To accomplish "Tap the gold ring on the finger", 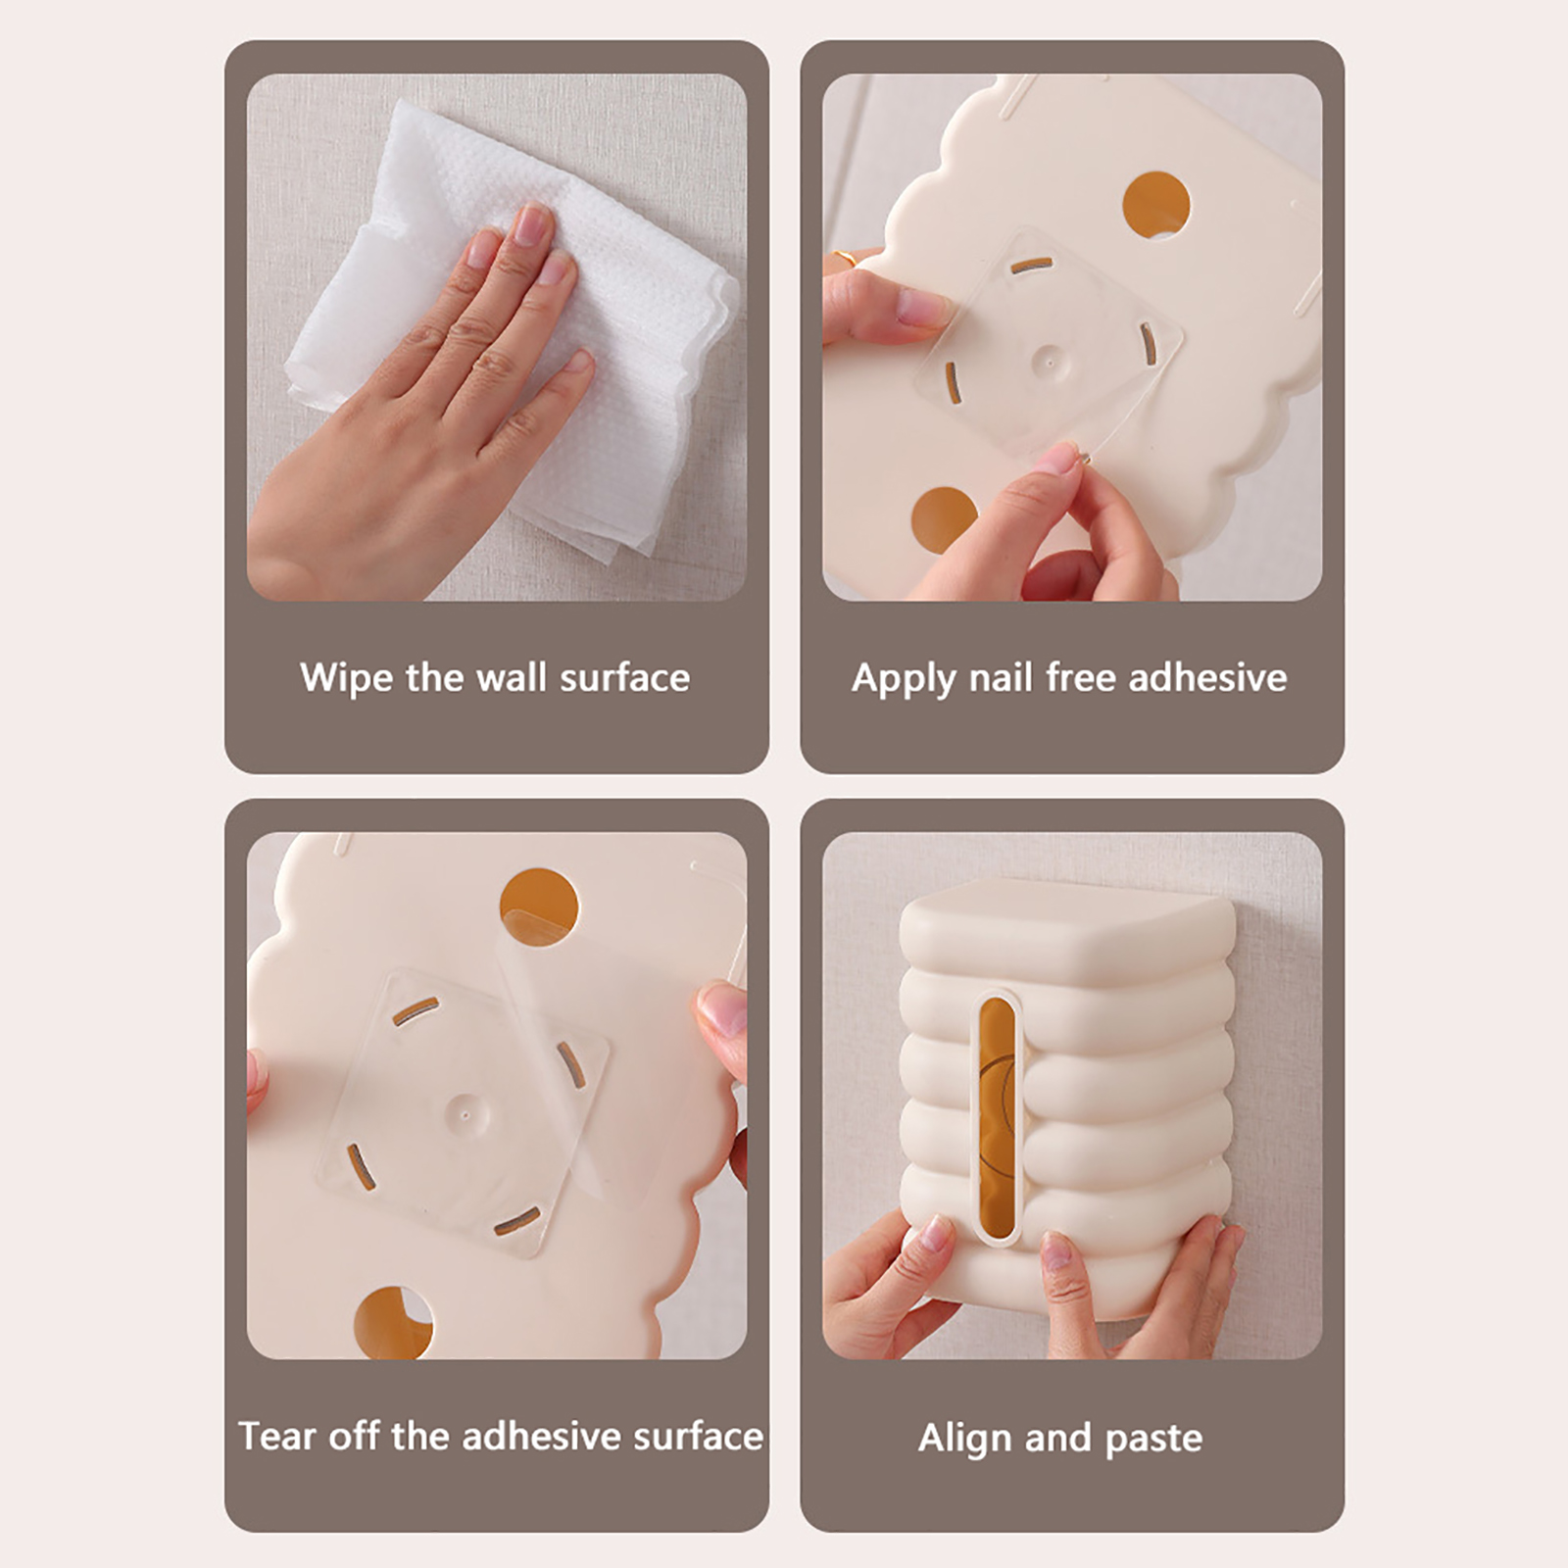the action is pos(844,260).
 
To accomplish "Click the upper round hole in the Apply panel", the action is pos(1155,206).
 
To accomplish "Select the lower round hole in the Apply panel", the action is pos(944,519).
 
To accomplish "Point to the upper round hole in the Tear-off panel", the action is pos(538,906).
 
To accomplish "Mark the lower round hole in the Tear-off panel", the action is pos(393,1322).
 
